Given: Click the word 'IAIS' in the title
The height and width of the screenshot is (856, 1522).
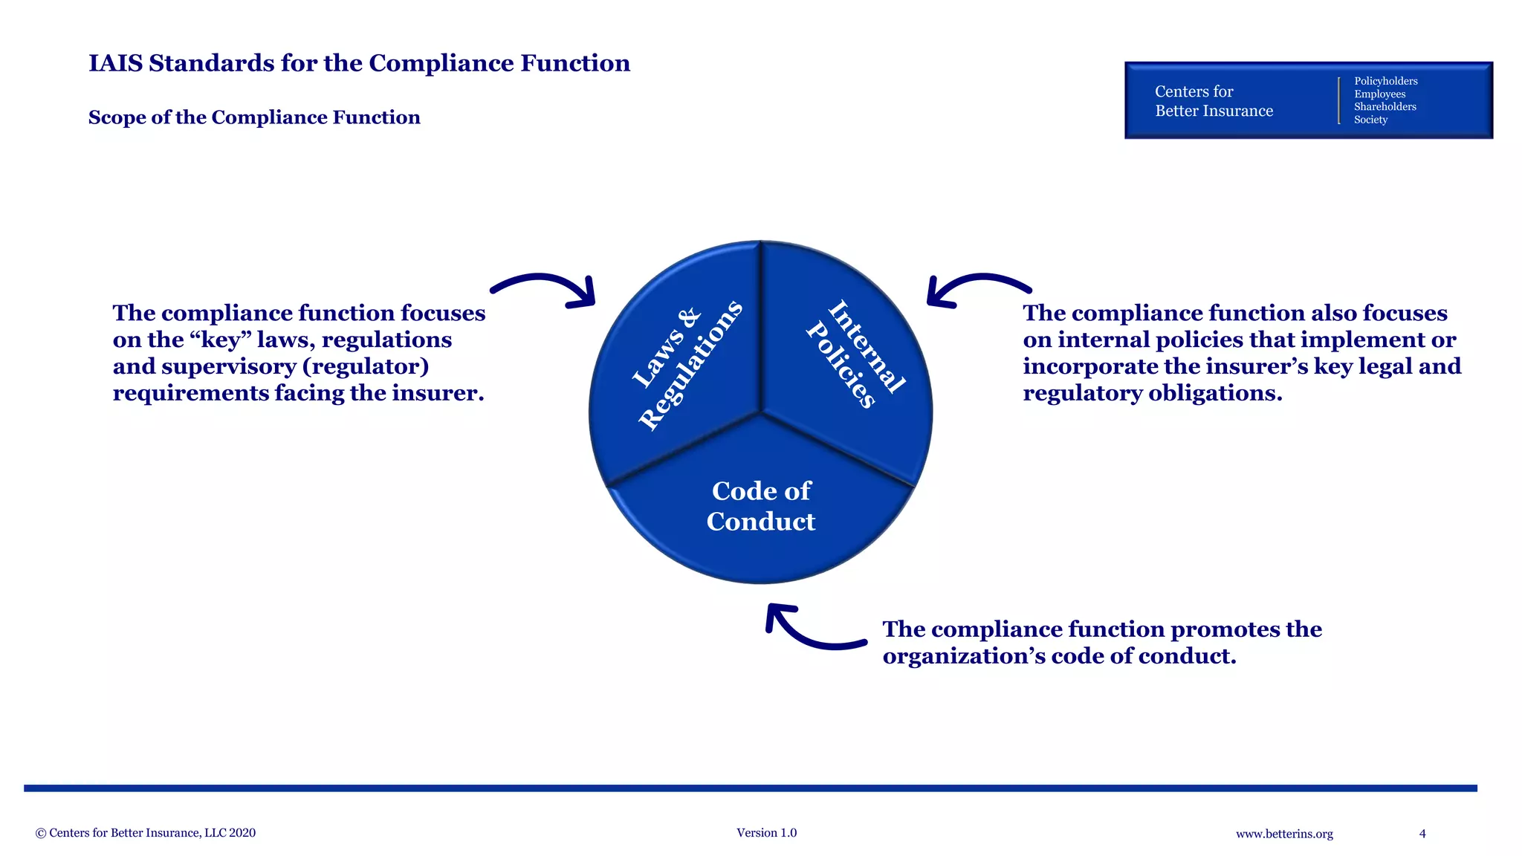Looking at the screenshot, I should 116,63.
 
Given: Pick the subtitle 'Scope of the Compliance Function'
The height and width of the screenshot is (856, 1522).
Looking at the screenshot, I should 254,117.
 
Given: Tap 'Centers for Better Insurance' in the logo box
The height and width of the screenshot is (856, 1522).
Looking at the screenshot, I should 1214,101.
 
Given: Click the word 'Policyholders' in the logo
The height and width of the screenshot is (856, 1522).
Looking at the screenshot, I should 1385,81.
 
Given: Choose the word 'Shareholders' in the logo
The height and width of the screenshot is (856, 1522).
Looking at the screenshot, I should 1385,106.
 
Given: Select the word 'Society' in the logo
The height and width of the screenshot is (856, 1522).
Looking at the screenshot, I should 1370,120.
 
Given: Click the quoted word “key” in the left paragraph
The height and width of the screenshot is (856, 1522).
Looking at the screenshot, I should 220,340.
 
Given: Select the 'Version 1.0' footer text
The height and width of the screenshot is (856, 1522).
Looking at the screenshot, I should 766,833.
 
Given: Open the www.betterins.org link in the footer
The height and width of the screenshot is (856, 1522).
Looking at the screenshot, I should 1284,834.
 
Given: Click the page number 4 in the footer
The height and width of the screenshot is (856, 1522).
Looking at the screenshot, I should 1422,834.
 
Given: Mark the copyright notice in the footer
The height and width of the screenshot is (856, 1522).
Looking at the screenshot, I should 146,833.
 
